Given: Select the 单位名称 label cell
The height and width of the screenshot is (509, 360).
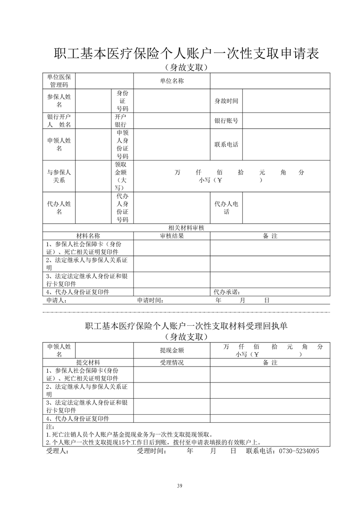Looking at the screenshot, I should pyautogui.click(x=172, y=81).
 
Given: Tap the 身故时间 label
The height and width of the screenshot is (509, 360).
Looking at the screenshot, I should pyautogui.click(x=226, y=101).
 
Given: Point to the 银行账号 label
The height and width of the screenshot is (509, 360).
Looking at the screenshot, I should pyautogui.click(x=226, y=121).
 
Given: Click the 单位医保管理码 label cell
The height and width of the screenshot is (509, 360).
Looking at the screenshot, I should pyautogui.click(x=59, y=81).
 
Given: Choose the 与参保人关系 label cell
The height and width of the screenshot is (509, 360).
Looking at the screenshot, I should pyautogui.click(x=59, y=176).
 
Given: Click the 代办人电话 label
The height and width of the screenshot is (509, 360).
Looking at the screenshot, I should pyautogui.click(x=226, y=208).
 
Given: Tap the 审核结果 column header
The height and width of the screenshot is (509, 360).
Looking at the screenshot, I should pyautogui.click(x=172, y=236).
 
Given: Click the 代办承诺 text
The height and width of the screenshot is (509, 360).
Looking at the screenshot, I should pyautogui.click(x=227, y=292).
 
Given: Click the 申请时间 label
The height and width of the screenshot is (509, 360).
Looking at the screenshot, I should pyautogui.click(x=150, y=300).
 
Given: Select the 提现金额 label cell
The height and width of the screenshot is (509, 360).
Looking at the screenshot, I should pyautogui.click(x=172, y=350).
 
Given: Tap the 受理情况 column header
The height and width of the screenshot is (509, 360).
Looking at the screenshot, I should pyautogui.click(x=172, y=362).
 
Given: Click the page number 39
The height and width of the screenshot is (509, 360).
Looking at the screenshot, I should pyautogui.click(x=180, y=486).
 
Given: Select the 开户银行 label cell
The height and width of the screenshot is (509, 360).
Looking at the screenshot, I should pyautogui.click(x=121, y=121).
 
